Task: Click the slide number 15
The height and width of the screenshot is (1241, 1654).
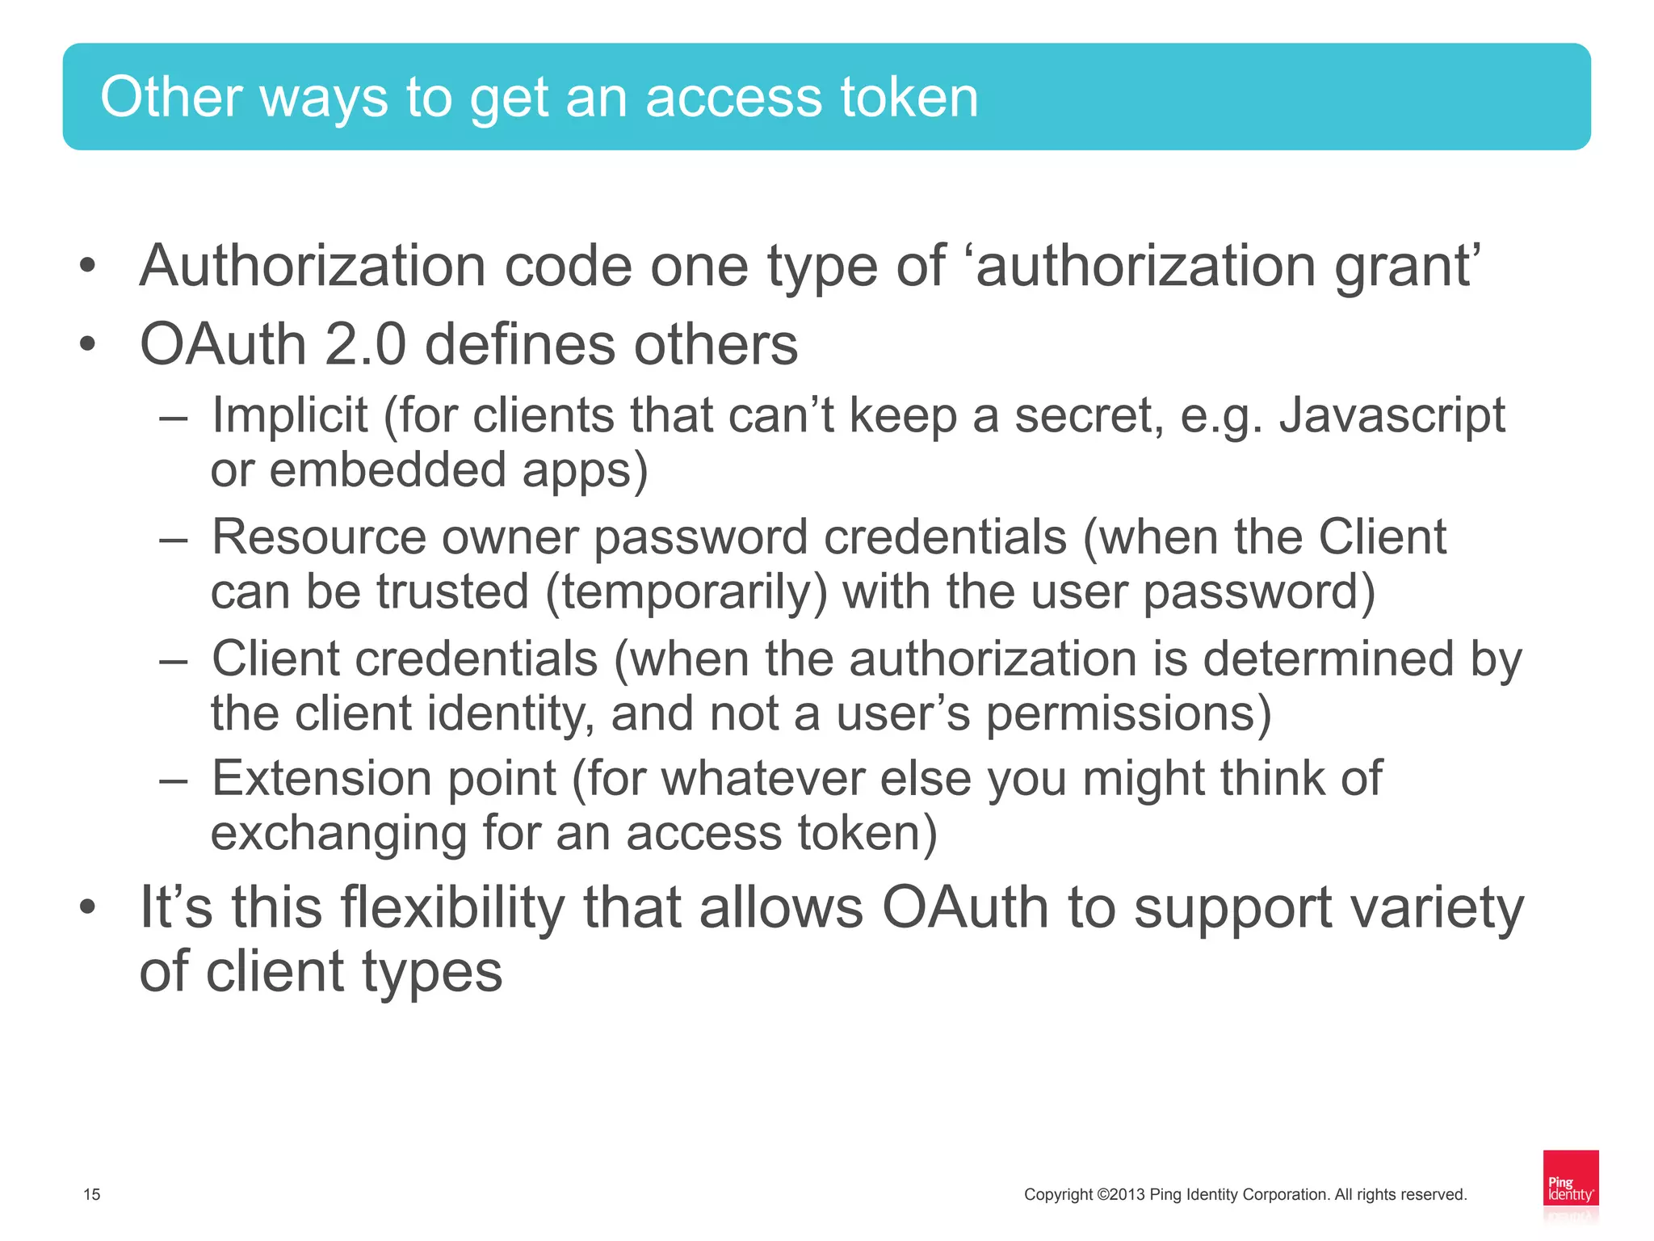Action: click(x=92, y=1194)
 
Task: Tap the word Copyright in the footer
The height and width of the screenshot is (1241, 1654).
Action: click(x=1058, y=1194)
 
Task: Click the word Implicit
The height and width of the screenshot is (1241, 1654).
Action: click(x=290, y=415)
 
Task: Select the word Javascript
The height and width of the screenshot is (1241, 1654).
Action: click(x=1392, y=417)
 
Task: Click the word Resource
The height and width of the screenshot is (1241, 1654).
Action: click(x=318, y=537)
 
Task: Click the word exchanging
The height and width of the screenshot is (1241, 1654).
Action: click(x=338, y=834)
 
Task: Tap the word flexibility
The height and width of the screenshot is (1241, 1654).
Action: click(x=452, y=908)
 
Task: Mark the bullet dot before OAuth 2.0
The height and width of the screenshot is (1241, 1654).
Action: click(x=87, y=344)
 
